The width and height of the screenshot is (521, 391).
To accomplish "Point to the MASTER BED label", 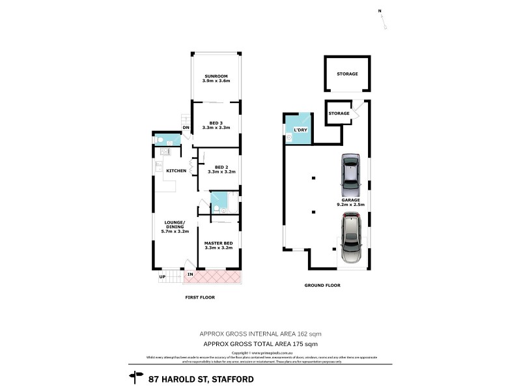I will click(219, 243).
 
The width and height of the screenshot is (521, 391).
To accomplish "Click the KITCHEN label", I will click(176, 171).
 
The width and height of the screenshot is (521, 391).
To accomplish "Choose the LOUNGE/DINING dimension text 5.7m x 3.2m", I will click(175, 231).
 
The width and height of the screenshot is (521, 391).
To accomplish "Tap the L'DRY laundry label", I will click(300, 130).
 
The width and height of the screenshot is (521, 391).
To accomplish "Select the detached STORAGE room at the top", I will click(347, 74).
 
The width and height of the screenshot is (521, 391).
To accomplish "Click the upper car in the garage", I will click(350, 171).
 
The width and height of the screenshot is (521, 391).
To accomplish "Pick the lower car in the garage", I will click(351, 240).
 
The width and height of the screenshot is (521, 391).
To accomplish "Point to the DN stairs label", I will click(186, 128).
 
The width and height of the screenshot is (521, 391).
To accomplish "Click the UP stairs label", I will click(162, 277).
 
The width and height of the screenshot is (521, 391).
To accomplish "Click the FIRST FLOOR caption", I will click(199, 297).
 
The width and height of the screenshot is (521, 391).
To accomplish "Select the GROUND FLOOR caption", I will click(322, 285).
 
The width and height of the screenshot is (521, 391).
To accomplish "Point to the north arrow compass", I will click(384, 19).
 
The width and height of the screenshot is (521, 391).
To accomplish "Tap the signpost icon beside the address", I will click(137, 377).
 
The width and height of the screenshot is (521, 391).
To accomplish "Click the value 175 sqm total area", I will click(305, 343).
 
